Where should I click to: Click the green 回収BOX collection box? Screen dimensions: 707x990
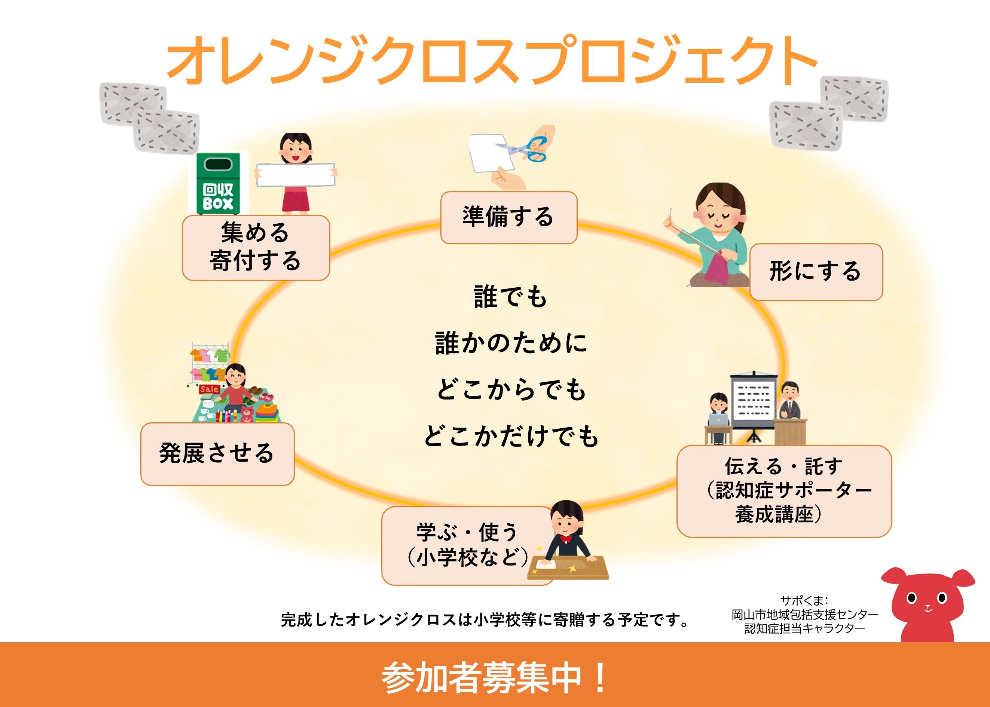(218, 183)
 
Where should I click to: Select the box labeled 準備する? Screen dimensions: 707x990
(508, 217)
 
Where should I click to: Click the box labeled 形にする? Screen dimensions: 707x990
(815, 272)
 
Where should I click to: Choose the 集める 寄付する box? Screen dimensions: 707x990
(256, 247)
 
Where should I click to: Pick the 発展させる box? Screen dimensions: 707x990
(217, 454)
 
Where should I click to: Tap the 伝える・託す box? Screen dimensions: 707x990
(783, 491)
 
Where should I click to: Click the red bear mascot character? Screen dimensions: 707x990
(927, 605)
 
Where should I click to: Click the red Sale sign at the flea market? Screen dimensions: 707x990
(209, 389)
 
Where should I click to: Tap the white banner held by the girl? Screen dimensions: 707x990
(295, 175)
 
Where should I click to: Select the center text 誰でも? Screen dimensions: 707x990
(510, 297)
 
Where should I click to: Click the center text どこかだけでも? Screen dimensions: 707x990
(511, 436)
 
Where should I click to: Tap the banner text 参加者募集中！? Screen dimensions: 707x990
(494, 677)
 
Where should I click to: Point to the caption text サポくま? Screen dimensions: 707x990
(804, 601)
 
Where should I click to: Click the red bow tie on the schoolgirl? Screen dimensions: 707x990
(566, 539)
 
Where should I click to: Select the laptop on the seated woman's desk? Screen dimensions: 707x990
(718, 420)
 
